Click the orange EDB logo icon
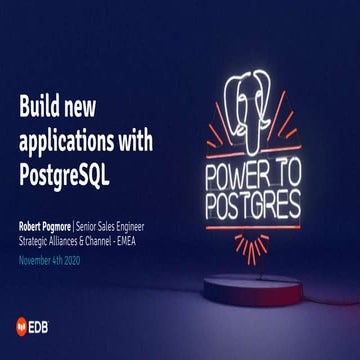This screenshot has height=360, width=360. coord(23,324)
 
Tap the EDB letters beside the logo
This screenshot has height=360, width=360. coord(44,324)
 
